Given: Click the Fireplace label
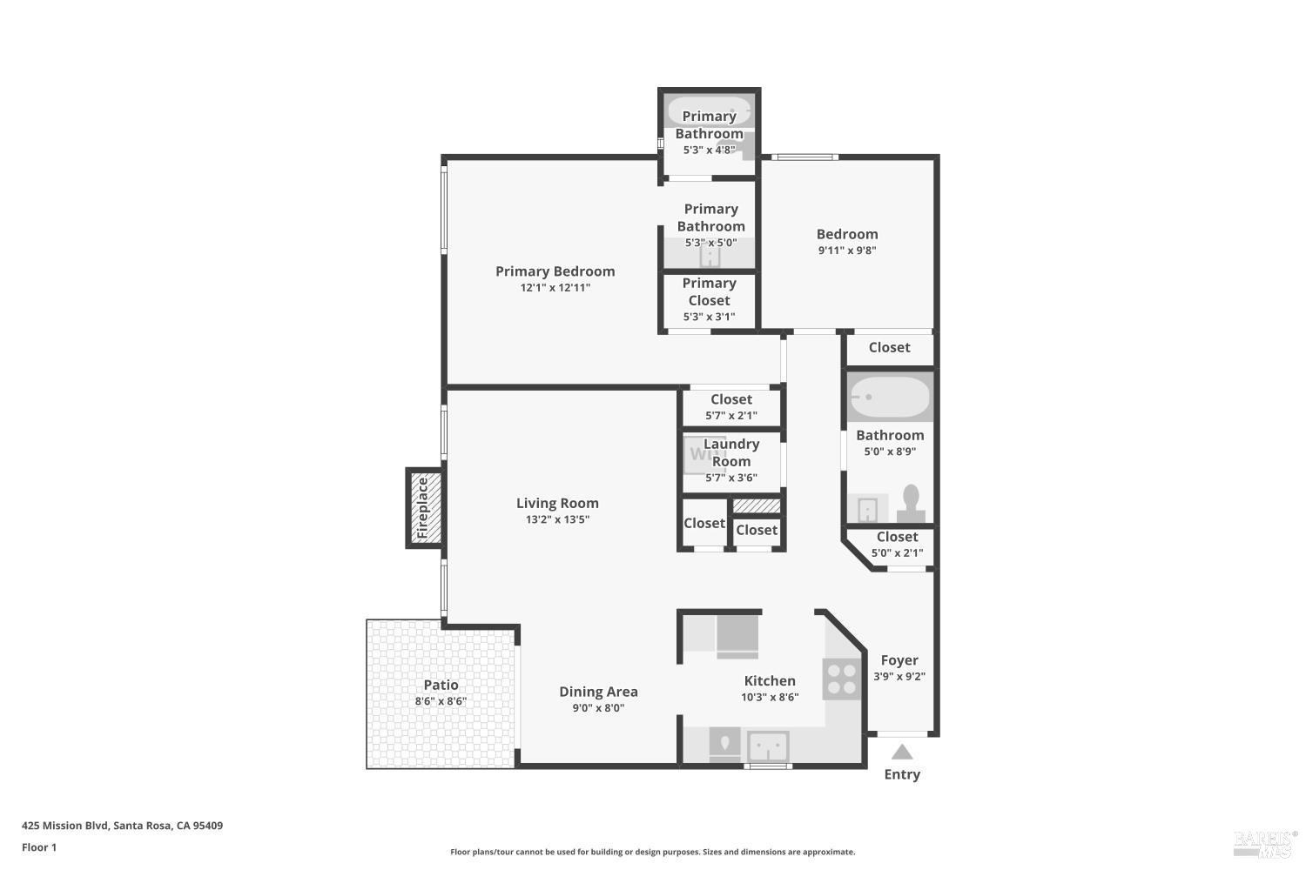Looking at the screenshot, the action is pyautogui.click(x=422, y=507).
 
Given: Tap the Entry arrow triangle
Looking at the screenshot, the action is pyautogui.click(x=902, y=752).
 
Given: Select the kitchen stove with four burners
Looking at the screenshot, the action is pyautogui.click(x=841, y=679).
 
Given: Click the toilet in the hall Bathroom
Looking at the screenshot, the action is pyautogui.click(x=911, y=504).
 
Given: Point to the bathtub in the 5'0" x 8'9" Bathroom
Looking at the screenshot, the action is pyautogui.click(x=890, y=397).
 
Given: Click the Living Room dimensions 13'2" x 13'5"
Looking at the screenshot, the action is pyautogui.click(x=557, y=519).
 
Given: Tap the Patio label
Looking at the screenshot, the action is pyautogui.click(x=441, y=685).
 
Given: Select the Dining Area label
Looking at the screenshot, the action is pyautogui.click(x=598, y=692).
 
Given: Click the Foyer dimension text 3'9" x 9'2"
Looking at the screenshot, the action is pyautogui.click(x=899, y=677).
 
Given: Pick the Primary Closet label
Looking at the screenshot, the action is pyautogui.click(x=709, y=291).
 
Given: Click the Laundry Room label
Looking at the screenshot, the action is pyautogui.click(x=731, y=452).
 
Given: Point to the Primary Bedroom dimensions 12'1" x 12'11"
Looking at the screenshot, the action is pyautogui.click(x=555, y=287).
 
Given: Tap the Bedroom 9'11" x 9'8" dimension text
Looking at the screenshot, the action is pyautogui.click(x=847, y=251).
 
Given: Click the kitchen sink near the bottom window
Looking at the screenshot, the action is pyautogui.click(x=769, y=746).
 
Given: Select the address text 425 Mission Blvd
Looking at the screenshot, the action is pyautogui.click(x=64, y=826).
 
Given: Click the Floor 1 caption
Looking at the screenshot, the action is pyautogui.click(x=39, y=848).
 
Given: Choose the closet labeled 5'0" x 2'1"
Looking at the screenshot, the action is pyautogui.click(x=897, y=545).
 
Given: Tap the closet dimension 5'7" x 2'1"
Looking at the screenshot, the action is pyautogui.click(x=731, y=416).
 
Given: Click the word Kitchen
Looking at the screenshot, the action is pyautogui.click(x=770, y=680).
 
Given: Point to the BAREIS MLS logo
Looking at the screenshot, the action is pyautogui.click(x=1265, y=844).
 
